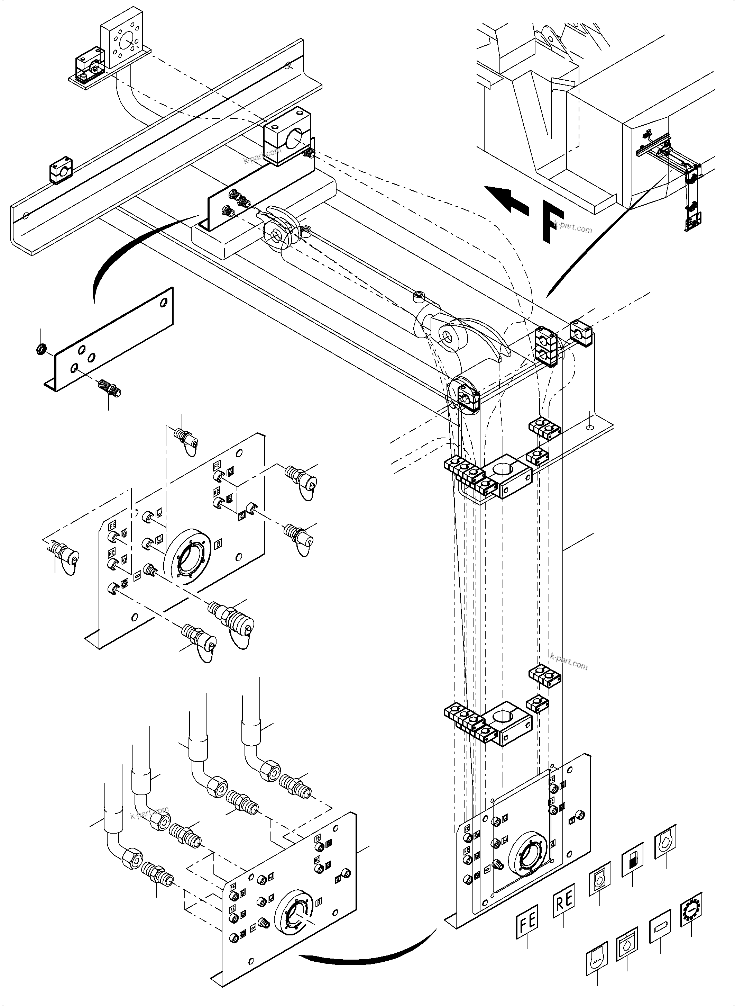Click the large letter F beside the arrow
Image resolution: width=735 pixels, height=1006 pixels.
[x=552, y=221]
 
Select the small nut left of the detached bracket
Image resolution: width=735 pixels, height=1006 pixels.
[x=40, y=350]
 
